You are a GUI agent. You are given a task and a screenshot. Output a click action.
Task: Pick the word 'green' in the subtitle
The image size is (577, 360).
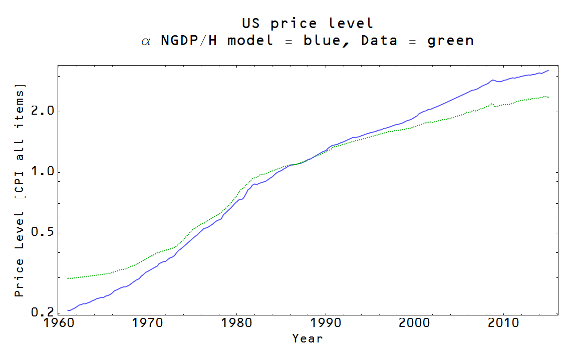point(450,41)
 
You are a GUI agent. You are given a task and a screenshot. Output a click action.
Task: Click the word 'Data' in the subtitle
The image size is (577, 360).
point(379,41)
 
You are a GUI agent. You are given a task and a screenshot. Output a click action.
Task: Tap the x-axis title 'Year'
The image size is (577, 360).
point(308,338)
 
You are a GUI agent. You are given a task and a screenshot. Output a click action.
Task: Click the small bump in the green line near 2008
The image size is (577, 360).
point(492,104)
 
